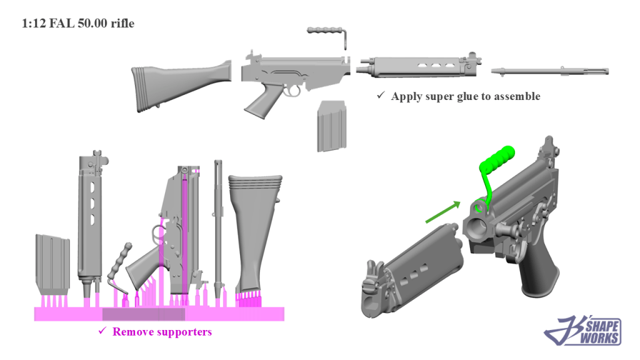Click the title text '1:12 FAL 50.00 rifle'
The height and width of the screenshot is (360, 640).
click(x=78, y=24)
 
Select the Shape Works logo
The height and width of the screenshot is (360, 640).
click(x=582, y=329)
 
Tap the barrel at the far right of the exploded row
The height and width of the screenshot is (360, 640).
click(x=550, y=71)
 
